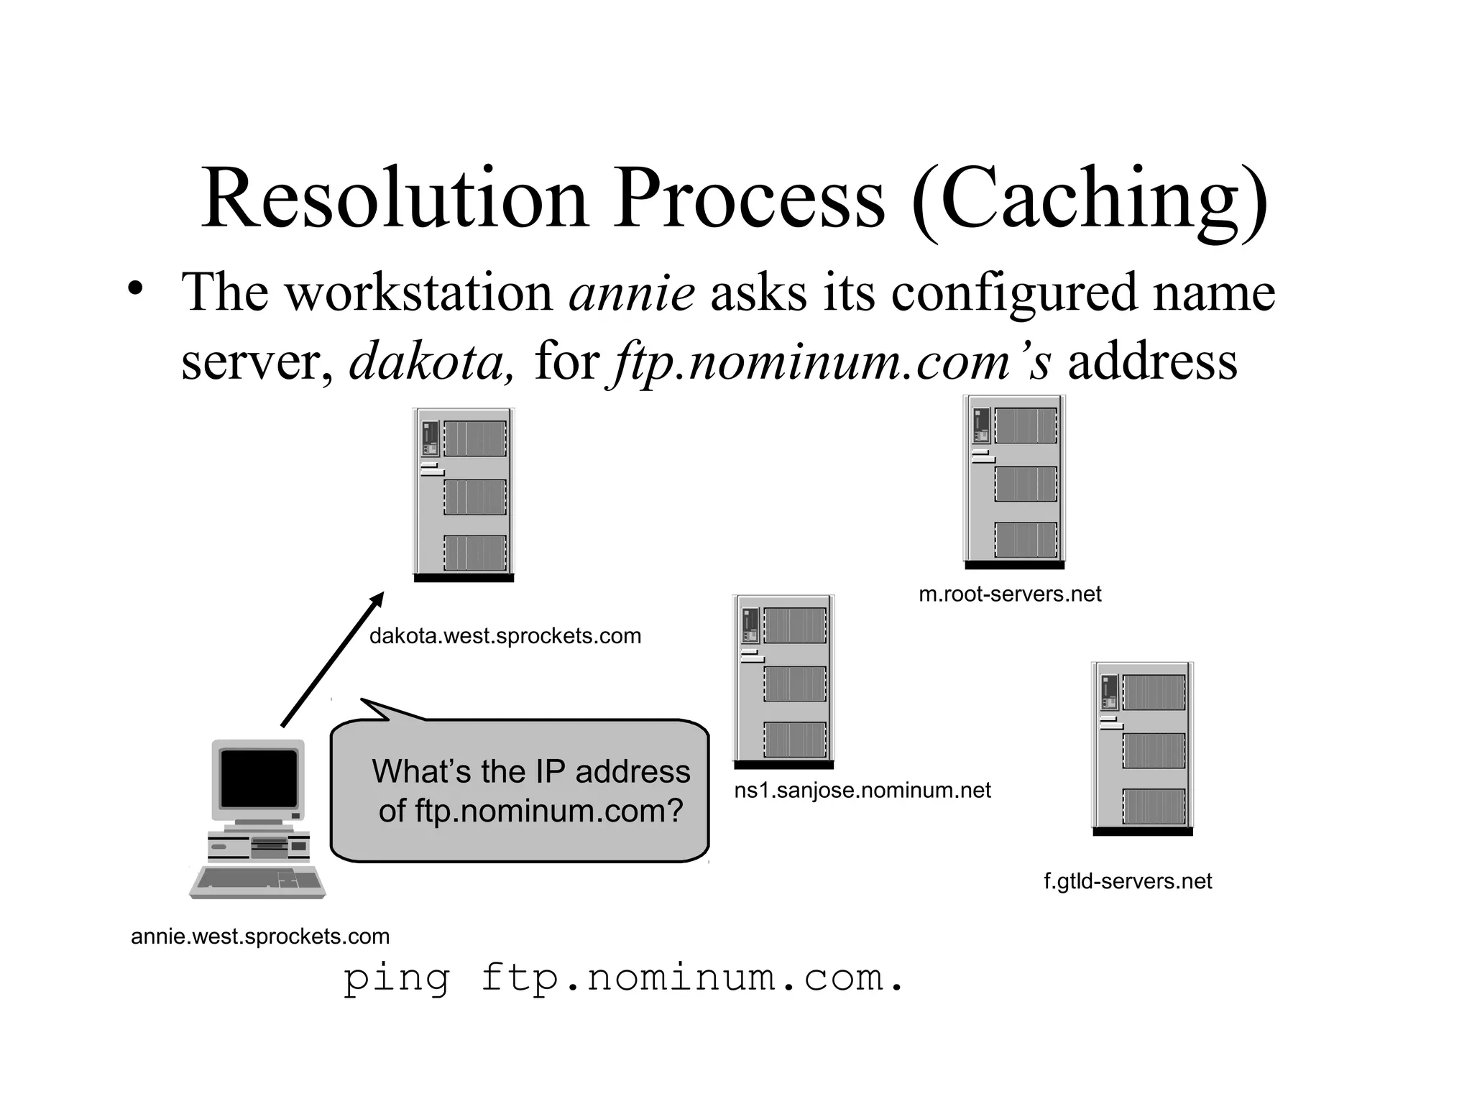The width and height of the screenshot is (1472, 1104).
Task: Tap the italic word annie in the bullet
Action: (x=632, y=293)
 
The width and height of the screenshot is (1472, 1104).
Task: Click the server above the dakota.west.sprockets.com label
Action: (x=464, y=494)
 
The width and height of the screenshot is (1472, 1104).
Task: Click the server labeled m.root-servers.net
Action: (x=1014, y=482)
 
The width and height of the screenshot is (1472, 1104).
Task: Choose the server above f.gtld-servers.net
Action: (x=1142, y=748)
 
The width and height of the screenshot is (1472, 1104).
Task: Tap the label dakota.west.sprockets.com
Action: (x=505, y=636)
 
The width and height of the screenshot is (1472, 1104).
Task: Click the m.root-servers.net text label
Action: (x=1010, y=594)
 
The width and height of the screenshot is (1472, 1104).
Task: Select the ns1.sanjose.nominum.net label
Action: (x=862, y=791)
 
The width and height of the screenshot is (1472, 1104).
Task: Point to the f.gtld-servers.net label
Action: (x=1127, y=881)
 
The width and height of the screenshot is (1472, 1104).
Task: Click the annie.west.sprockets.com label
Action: (x=260, y=937)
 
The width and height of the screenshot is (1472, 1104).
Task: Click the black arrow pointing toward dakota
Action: (x=332, y=660)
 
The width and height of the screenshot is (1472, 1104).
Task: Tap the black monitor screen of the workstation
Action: (x=259, y=778)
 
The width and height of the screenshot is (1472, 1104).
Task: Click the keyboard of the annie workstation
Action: (x=257, y=882)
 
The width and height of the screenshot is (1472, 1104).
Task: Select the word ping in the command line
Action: (x=396, y=979)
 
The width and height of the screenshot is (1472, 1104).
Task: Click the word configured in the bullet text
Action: (x=1014, y=293)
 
